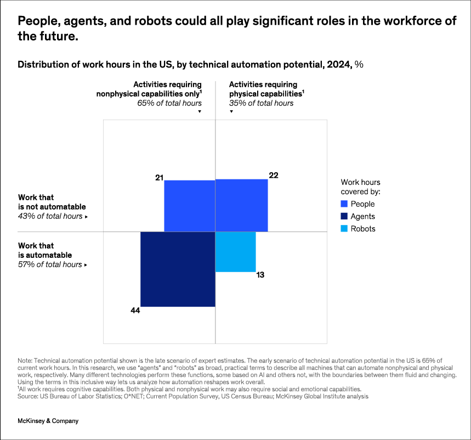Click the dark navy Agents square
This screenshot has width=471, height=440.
coord(178,269)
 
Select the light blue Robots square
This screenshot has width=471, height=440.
coord(235,252)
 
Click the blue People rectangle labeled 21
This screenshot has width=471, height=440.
coord(189,206)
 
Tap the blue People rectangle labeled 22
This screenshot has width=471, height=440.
coord(241,205)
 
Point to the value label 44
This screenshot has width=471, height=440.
coord(135,311)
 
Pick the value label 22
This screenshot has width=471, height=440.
coord(274,175)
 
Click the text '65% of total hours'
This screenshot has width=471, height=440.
coord(169,103)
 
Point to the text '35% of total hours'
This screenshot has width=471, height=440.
coord(261,103)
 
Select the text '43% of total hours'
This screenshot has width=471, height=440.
coord(50,216)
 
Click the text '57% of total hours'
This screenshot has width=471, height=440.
coord(50,264)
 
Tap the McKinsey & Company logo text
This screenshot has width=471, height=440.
coord(48,421)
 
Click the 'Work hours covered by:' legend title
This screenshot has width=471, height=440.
coord(360,187)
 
